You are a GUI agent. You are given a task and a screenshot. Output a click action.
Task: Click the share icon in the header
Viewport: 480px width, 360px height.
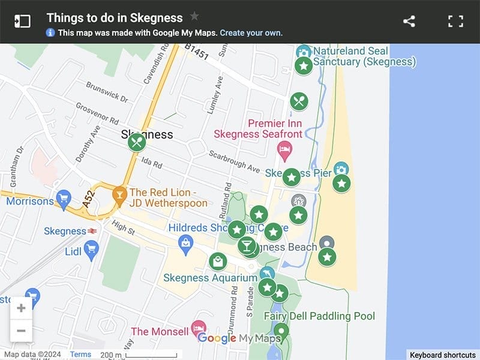tap(409, 22)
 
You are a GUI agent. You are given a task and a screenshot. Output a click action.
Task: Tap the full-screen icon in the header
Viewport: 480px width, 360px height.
tap(456, 22)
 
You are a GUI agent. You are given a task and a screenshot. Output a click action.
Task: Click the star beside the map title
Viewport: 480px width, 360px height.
tap(194, 16)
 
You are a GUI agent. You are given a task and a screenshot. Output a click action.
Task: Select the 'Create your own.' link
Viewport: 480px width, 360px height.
tap(251, 32)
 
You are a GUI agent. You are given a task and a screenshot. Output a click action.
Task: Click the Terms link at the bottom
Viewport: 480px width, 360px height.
tap(80, 355)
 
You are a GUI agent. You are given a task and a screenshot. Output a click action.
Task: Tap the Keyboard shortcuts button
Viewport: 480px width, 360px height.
tap(443, 355)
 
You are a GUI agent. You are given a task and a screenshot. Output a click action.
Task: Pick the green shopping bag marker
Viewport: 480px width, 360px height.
tap(218, 262)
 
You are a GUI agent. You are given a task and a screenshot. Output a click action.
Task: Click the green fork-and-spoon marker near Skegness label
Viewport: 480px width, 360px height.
tap(137, 142)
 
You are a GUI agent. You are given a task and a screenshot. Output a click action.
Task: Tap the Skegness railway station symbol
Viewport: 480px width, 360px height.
tap(93, 231)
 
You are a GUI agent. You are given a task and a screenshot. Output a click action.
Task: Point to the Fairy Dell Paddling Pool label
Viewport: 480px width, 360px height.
tap(319, 316)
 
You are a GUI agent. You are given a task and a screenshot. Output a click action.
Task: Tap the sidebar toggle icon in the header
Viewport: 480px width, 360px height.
tap(22, 22)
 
